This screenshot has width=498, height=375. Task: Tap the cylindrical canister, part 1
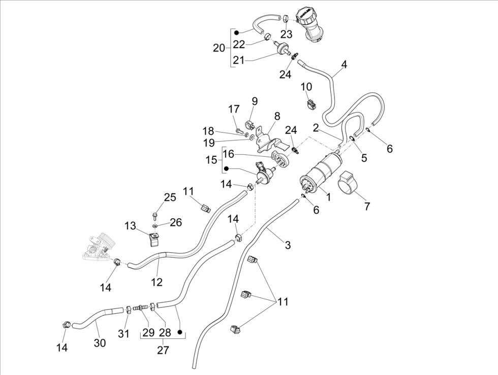point(323,173)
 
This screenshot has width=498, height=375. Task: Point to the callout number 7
point(367,207)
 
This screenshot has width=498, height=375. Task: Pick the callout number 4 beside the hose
point(344,64)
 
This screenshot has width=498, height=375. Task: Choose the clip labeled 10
point(310,104)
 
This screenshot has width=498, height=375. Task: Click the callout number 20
point(219,48)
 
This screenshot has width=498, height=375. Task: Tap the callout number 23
point(286,35)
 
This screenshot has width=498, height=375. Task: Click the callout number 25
point(170,197)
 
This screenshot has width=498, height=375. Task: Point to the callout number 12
point(157,282)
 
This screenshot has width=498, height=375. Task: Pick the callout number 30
point(100,343)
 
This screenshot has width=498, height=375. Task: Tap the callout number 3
point(288,246)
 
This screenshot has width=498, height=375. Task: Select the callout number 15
point(211,160)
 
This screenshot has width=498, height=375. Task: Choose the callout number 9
point(255,101)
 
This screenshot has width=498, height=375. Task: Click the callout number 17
point(233,109)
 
